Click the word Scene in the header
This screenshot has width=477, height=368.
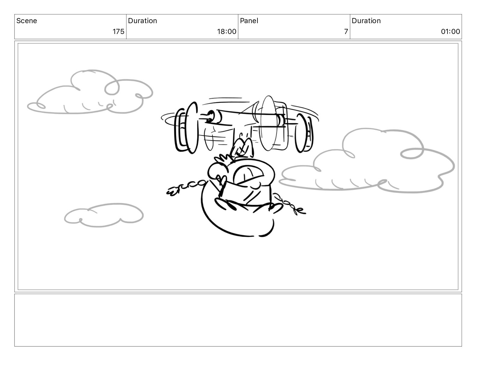pos(26,21)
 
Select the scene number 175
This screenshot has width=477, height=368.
pos(119,32)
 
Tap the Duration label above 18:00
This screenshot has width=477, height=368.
pos(142,21)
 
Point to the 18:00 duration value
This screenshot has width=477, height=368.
pos(227,32)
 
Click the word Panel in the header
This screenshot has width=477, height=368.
pos(249,21)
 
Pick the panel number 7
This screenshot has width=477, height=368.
pos(346,32)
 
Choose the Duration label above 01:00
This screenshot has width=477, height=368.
pos(366,21)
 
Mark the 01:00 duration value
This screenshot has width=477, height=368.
pos(450,32)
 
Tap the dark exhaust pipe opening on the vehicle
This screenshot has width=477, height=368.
pos(210,116)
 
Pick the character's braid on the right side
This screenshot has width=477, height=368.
pos(289,205)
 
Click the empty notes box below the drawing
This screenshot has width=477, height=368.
pos(238,320)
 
